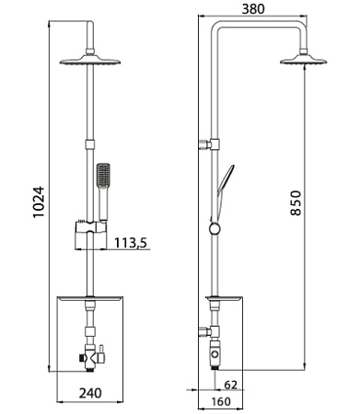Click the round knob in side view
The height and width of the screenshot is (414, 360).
pyautogui.click(x=215, y=352)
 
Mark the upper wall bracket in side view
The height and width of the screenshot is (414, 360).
pyautogui.click(x=213, y=144)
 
